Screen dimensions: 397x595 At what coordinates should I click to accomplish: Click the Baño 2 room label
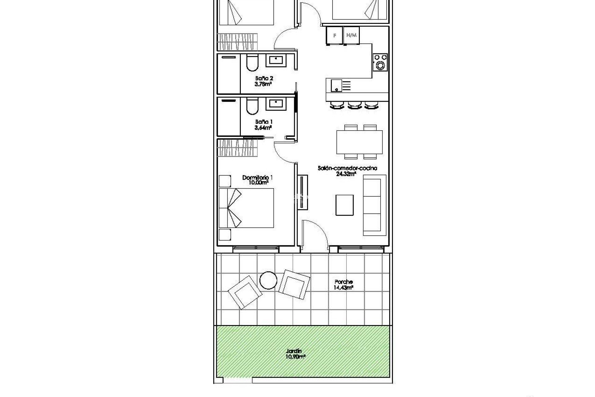coord(264,78)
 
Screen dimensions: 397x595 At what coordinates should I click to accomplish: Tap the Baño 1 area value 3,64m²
coord(263,127)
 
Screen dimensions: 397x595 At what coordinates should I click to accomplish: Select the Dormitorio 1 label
coord(257,178)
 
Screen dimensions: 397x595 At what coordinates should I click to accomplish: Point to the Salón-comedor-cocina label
coord(347,168)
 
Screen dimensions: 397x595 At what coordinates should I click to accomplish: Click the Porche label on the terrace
coord(343,282)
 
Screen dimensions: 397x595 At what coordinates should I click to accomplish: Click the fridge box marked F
coord(334,36)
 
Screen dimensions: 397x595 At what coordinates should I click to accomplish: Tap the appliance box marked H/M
coord(351,35)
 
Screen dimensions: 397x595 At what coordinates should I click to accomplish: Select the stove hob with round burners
coord(380,62)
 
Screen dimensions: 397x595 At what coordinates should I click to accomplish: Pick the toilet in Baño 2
coord(252,64)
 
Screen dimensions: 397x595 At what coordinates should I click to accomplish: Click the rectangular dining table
coord(359,142)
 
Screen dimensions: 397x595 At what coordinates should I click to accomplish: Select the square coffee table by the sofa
coord(345,205)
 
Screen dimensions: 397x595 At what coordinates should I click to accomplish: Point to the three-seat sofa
coord(374,205)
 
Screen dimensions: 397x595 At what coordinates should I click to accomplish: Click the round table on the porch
coord(268,280)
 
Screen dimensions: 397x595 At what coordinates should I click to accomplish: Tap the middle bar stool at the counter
coord(355,105)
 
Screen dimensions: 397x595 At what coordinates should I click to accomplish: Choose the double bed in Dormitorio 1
coord(246,208)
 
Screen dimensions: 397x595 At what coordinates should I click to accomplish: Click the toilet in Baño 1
coord(252,107)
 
